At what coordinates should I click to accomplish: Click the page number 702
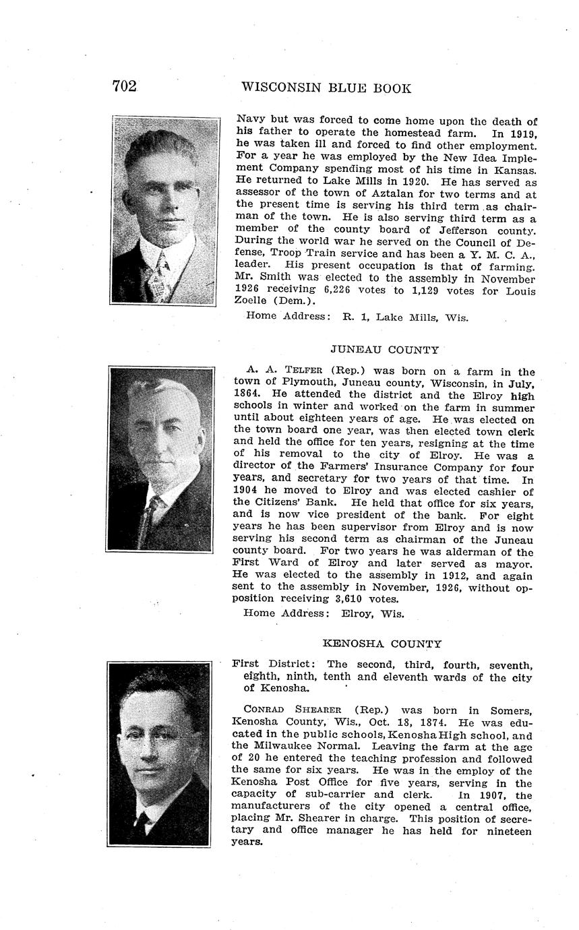click(x=124, y=86)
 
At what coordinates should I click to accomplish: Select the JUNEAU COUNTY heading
click(x=384, y=350)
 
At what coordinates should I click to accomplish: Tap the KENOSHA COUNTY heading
click(x=382, y=644)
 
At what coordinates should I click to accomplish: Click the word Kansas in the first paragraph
click(x=514, y=170)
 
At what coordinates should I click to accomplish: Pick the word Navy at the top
click(x=249, y=121)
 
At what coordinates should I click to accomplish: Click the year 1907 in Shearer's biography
click(x=501, y=795)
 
